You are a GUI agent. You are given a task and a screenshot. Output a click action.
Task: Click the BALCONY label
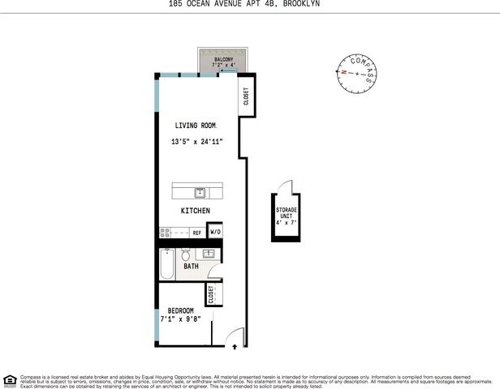click(x=224, y=60)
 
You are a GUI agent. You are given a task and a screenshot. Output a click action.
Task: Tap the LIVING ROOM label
click(x=197, y=126)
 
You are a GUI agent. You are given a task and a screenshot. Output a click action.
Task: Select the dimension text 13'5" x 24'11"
click(x=197, y=143)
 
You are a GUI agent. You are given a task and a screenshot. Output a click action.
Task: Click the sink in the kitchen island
click(x=200, y=193)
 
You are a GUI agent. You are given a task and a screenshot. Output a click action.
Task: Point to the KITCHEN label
click(x=196, y=211)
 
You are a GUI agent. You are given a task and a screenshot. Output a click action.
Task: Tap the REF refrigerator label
click(x=196, y=233)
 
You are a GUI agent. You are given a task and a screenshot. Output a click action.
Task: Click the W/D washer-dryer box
click(x=215, y=232)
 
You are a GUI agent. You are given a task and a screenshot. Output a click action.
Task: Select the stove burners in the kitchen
click(x=166, y=233)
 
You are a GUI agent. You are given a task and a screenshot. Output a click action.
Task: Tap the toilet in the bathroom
click(x=186, y=252)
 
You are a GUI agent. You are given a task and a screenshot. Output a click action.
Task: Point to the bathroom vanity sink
click(x=209, y=254)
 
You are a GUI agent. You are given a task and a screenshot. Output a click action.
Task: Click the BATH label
click(x=191, y=267)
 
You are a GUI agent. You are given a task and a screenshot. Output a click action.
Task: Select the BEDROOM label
click(x=180, y=311)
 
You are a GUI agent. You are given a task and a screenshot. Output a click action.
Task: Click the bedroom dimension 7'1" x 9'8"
click(x=180, y=320)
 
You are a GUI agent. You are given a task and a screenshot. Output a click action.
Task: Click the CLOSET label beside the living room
click(x=246, y=97)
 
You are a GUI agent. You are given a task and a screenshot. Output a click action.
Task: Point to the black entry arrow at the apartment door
click(x=235, y=346)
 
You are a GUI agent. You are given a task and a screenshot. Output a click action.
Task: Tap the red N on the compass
click(x=344, y=72)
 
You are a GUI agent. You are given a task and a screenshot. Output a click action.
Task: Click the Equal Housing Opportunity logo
click(x=10, y=379)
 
